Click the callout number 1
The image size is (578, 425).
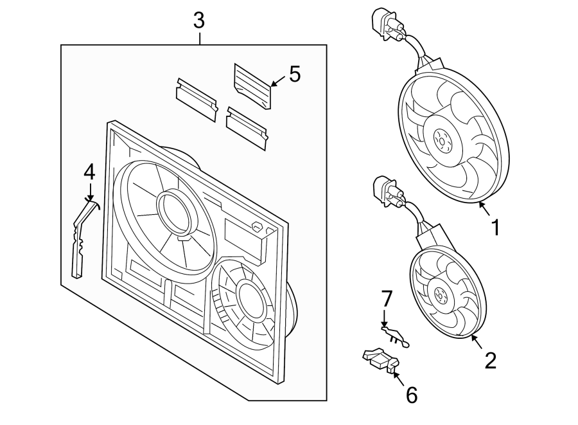[x=495, y=228]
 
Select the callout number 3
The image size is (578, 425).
[x=199, y=21]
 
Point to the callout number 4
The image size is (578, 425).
[x=89, y=172]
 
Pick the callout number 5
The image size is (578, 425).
[x=295, y=74]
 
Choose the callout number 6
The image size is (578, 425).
[x=411, y=395]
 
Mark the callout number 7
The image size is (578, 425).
[x=386, y=299]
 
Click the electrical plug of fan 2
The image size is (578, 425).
[x=383, y=192]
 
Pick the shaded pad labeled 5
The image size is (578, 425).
[x=252, y=86]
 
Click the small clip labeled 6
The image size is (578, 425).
[x=379, y=361]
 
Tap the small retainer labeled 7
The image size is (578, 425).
[x=395, y=336]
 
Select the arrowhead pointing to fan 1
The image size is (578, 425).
[x=481, y=205]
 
